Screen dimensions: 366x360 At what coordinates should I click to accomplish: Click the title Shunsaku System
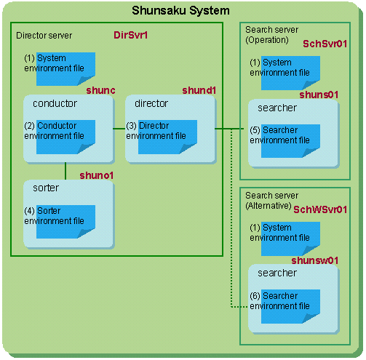coord(180,11)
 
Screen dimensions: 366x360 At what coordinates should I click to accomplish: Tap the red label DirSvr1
coord(130,35)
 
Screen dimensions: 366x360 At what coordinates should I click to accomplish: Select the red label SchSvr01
coord(325,44)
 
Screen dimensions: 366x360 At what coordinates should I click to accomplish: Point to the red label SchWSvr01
coord(320,209)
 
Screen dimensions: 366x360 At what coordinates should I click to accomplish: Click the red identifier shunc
coord(100,90)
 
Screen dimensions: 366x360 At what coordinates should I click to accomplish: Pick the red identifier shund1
coord(199,90)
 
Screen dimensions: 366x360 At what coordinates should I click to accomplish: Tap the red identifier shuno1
coord(96,175)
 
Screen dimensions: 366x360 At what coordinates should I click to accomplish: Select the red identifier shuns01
coord(319,95)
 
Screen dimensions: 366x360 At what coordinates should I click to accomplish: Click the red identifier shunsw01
coord(315,260)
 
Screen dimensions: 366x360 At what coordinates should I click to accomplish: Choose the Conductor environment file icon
coord(65,137)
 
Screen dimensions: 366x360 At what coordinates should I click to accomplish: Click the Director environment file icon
coord(167,137)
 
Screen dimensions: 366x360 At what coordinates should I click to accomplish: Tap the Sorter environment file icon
coord(65,222)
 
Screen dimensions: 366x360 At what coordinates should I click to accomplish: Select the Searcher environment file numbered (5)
coord(290,141)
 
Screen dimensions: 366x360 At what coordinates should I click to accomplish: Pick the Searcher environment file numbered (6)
coord(290,306)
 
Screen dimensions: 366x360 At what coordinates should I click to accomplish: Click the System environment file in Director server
coord(65,69)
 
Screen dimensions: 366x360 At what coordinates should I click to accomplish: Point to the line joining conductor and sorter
coord(65,171)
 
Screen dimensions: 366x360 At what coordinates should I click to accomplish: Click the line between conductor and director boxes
coord(119,129)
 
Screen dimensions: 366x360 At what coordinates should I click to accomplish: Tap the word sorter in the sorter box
coord(46,188)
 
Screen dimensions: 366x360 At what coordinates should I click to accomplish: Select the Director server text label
coord(44,36)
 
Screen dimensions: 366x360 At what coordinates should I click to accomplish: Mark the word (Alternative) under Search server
coord(268,206)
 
